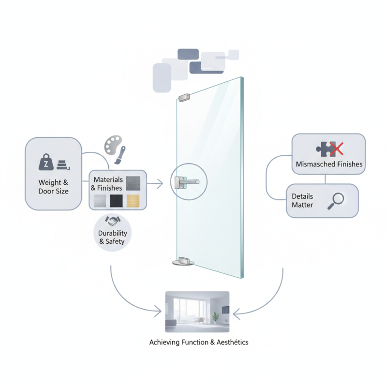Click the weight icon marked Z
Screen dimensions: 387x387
[46, 163]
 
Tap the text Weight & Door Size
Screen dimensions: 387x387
[53, 187]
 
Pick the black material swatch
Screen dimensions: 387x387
[117, 200]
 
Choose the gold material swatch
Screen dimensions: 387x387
[134, 200]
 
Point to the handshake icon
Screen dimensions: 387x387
[112, 221]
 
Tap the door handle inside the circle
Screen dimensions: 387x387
[187, 181]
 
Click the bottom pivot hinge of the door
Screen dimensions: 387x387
[183, 261]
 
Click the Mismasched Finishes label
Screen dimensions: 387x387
[329, 164]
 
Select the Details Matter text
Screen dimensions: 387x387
[303, 201]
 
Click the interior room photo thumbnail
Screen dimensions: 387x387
[197, 311]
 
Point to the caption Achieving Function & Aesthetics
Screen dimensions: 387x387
[199, 342]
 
